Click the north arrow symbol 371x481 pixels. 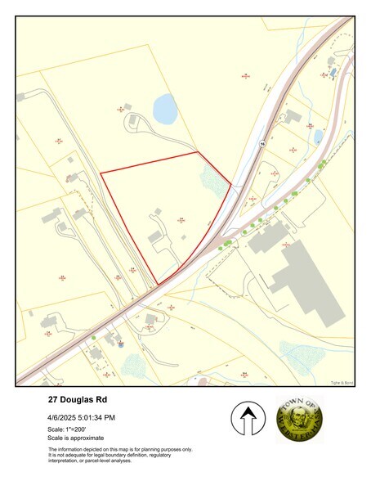[245, 419]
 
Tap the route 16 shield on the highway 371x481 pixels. [262, 142]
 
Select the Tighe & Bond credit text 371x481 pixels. [342, 380]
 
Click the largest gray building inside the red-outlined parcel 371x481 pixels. [155, 236]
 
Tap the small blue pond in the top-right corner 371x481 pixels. [333, 72]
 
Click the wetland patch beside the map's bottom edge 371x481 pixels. [133, 366]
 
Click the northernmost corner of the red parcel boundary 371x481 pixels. [199, 152]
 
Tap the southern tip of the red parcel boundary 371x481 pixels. [157, 285]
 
